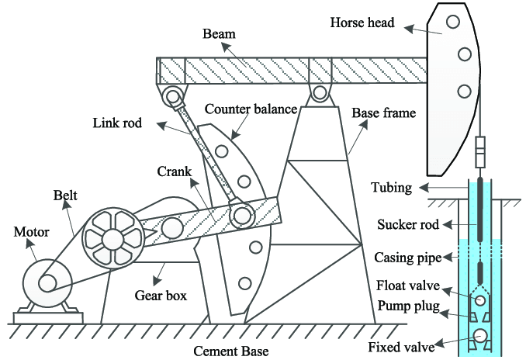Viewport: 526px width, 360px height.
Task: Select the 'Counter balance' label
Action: pos(252,109)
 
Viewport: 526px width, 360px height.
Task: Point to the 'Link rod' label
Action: pos(117,123)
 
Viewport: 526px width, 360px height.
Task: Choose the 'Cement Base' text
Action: pos(231,351)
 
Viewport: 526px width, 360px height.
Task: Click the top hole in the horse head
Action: pos(452,22)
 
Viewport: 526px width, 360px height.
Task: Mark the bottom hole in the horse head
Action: pos(464,92)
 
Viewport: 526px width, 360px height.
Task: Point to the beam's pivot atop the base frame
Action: pos(317,95)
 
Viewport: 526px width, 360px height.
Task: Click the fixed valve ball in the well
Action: pos(481,336)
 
